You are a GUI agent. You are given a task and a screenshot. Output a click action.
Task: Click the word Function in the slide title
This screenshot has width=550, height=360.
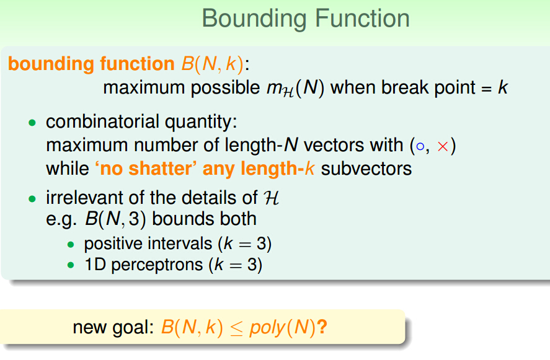362,18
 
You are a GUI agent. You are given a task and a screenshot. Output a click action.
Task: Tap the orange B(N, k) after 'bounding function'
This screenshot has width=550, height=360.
212,64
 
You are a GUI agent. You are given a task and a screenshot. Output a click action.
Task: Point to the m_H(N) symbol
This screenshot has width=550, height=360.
295,89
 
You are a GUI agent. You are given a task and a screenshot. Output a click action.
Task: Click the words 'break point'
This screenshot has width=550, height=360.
428,87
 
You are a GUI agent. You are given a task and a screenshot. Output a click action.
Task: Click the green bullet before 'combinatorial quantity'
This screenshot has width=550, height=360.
32,123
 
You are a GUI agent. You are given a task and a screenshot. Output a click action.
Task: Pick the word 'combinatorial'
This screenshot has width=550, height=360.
102,122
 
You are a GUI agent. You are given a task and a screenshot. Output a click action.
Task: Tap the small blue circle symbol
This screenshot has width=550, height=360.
420,146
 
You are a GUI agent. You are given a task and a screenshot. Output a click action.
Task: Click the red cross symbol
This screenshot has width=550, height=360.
443,146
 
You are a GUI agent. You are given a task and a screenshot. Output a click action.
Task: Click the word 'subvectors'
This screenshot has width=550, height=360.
366,169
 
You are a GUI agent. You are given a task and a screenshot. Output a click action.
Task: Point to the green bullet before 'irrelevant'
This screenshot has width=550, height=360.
32,199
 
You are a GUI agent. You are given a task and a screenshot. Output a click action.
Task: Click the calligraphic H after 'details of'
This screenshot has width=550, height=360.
272,198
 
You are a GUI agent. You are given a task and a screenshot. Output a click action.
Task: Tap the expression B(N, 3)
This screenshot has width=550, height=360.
115,219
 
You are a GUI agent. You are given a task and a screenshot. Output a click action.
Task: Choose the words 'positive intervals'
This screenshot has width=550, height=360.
148,244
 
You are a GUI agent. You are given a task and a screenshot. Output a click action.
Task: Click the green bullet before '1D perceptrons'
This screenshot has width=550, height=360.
71,265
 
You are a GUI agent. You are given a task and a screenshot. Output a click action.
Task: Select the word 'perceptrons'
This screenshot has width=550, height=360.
157,265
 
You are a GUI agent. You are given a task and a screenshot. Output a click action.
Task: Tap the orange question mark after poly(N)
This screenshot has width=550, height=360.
322,327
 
